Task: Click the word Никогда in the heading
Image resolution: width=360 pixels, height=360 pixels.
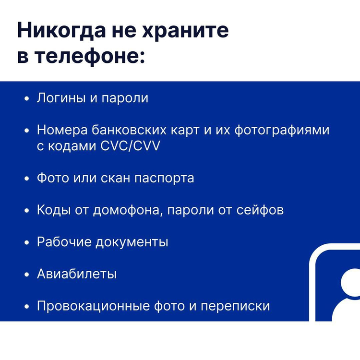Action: (x=61, y=31)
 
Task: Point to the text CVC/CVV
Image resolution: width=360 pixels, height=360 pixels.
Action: (x=130, y=146)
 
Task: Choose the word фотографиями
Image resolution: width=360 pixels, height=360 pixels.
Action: (x=282, y=131)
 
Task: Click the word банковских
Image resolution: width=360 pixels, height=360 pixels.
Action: (x=129, y=130)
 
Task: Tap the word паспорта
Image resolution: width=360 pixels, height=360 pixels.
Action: (x=164, y=179)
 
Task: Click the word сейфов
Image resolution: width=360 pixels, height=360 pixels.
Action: (x=260, y=210)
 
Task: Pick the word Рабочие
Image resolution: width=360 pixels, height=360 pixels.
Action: (x=64, y=242)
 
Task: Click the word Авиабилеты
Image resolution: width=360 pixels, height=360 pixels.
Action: (x=77, y=274)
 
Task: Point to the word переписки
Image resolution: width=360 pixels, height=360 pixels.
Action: (x=235, y=307)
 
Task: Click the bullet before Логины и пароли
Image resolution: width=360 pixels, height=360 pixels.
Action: (x=27, y=99)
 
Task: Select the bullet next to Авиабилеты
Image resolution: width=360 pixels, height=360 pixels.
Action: (x=27, y=275)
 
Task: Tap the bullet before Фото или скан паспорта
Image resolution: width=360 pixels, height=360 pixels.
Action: (x=27, y=179)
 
